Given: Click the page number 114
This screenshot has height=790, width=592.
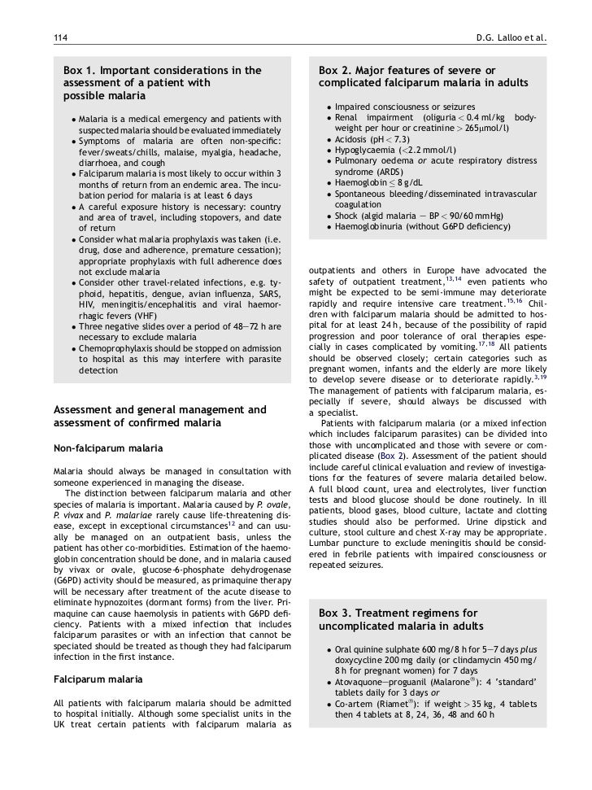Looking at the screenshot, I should pos(59,37).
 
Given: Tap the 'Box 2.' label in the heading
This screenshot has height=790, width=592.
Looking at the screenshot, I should pos(341,71).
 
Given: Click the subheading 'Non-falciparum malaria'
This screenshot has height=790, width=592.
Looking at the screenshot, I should pos(107,448).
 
